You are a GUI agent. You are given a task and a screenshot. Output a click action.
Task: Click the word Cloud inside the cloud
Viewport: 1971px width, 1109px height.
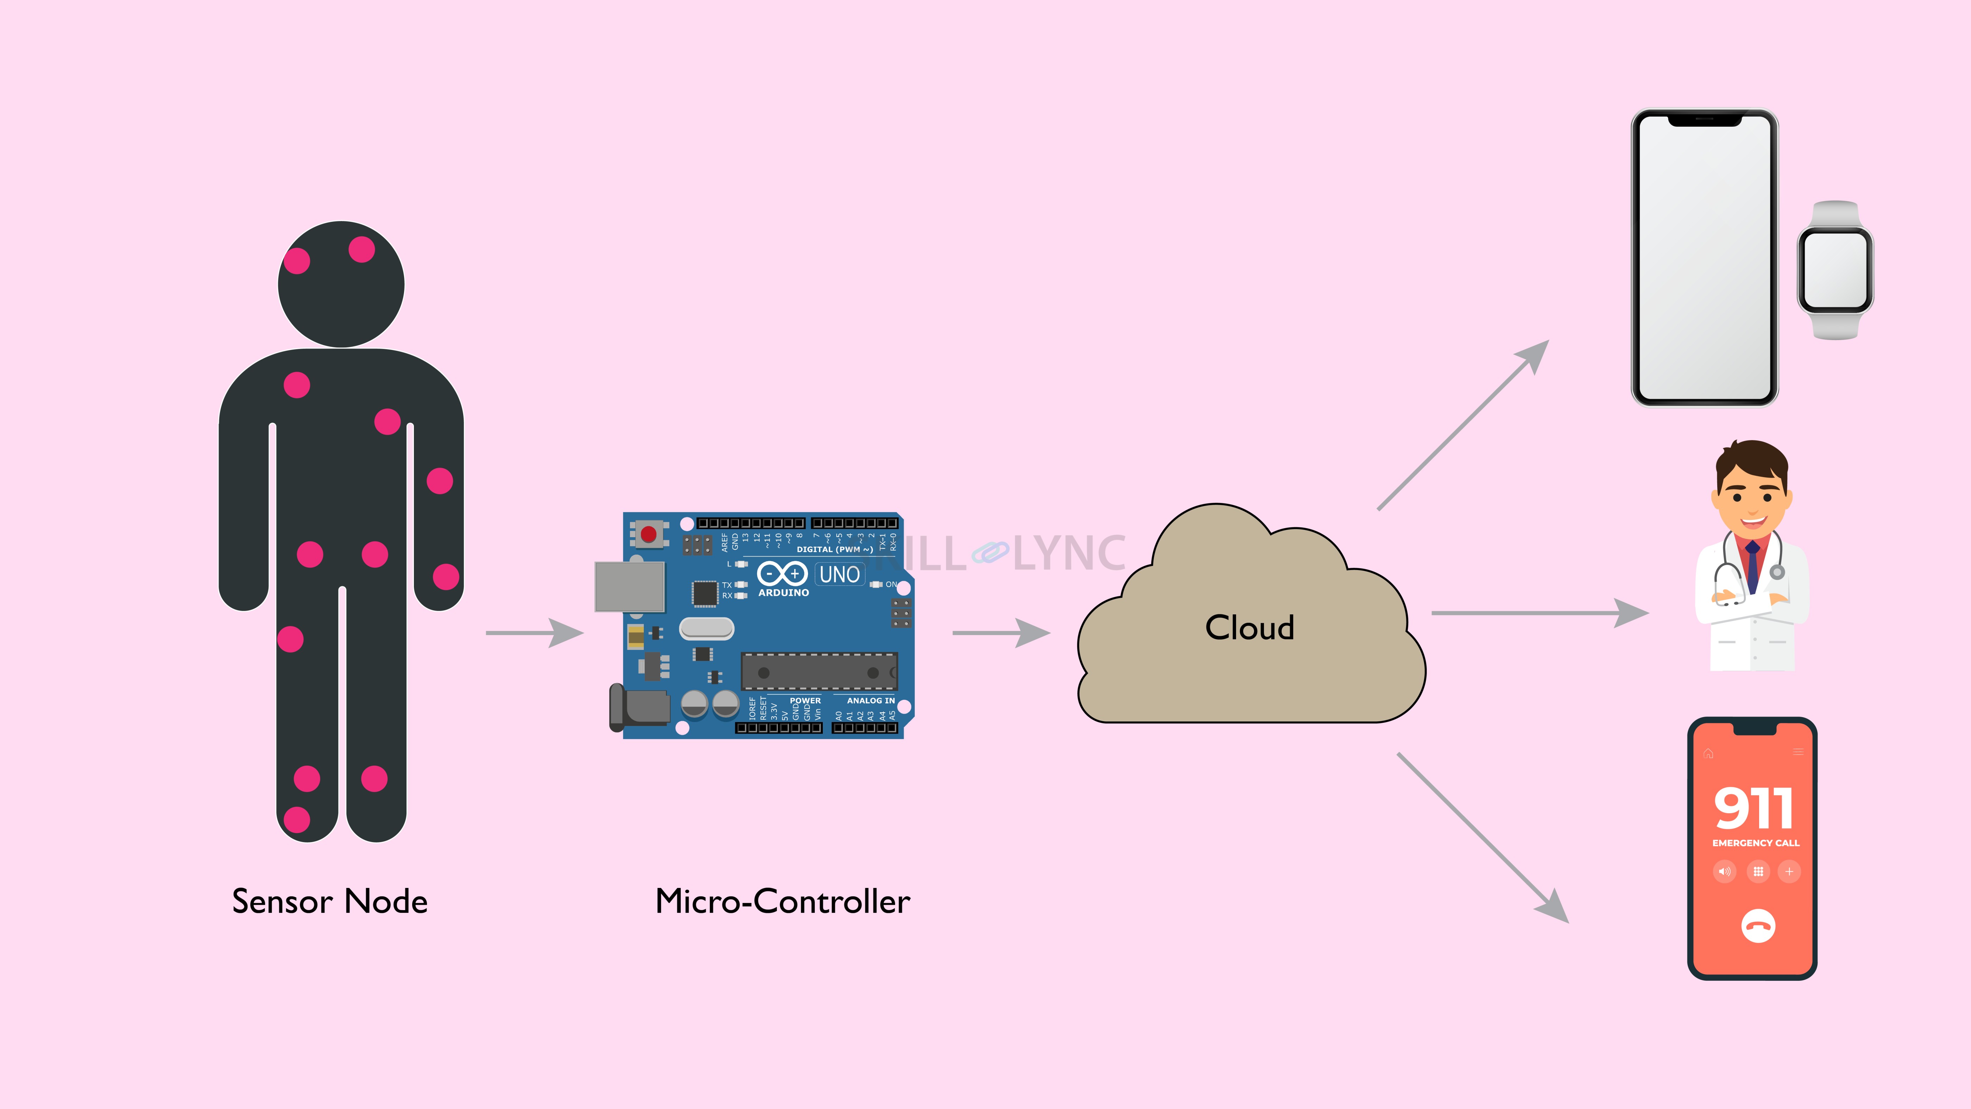click(x=1249, y=628)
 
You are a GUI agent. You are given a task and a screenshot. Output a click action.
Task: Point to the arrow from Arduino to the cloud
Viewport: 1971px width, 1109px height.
click(x=1001, y=633)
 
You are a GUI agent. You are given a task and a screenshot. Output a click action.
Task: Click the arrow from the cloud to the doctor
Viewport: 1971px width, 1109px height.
click(x=1538, y=613)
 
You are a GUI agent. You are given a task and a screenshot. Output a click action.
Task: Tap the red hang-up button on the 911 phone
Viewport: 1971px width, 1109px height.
click(x=1757, y=926)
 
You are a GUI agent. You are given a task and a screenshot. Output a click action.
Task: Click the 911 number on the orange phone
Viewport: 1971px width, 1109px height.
click(x=1753, y=809)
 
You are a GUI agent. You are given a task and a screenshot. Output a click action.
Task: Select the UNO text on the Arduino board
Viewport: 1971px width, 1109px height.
click(x=839, y=574)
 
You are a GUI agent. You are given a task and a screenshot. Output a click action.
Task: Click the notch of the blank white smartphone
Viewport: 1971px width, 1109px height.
click(x=1705, y=120)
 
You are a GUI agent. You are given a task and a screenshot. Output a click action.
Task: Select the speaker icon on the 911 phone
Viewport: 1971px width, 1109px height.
click(x=1725, y=872)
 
